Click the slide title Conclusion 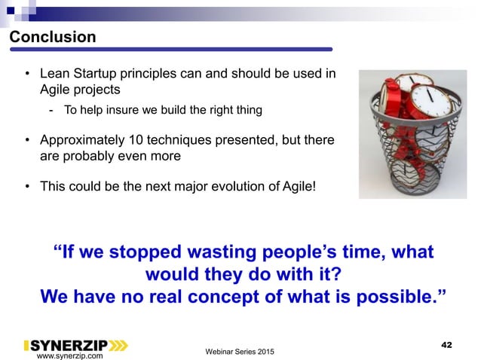pyautogui.click(x=52, y=37)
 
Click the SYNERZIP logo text pyautogui.click(x=69, y=346)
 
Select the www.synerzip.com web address pyautogui.click(x=70, y=355)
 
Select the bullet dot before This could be pyautogui.click(x=28, y=185)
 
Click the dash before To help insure pyautogui.click(x=51, y=111)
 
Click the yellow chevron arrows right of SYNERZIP pyautogui.click(x=118, y=346)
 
